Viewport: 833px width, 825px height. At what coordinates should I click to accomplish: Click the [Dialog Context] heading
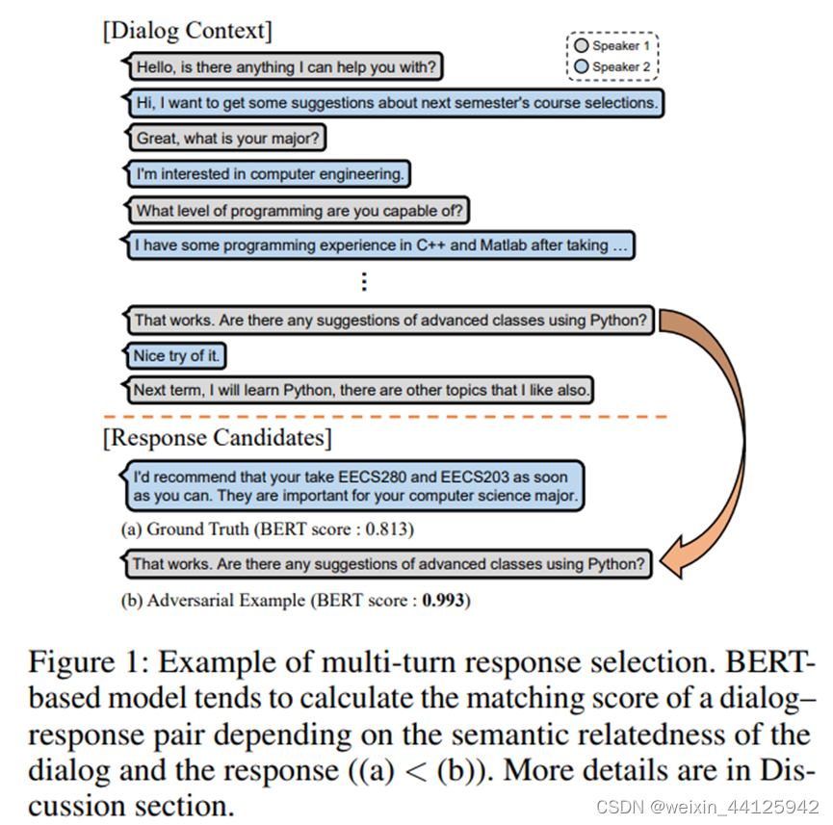(187, 31)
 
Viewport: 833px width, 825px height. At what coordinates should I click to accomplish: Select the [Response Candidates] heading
(217, 438)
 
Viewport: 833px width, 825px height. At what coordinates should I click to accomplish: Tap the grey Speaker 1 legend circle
(581, 45)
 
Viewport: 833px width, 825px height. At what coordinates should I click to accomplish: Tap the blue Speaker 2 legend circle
(581, 66)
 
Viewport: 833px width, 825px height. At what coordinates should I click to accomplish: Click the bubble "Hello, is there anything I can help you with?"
(286, 67)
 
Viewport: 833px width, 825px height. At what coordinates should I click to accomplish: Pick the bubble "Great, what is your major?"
(227, 138)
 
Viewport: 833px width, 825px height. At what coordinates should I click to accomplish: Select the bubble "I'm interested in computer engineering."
(268, 174)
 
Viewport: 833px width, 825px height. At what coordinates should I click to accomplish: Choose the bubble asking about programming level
(299, 210)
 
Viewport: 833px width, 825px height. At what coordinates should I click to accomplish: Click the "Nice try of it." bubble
(176, 355)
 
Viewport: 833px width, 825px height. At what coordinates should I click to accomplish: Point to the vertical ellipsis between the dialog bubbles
(363, 281)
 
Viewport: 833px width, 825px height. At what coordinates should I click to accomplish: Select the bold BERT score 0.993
(444, 601)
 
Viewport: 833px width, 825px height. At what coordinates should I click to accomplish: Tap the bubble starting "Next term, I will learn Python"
(360, 390)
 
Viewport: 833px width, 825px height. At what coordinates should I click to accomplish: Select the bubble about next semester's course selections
(396, 102)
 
